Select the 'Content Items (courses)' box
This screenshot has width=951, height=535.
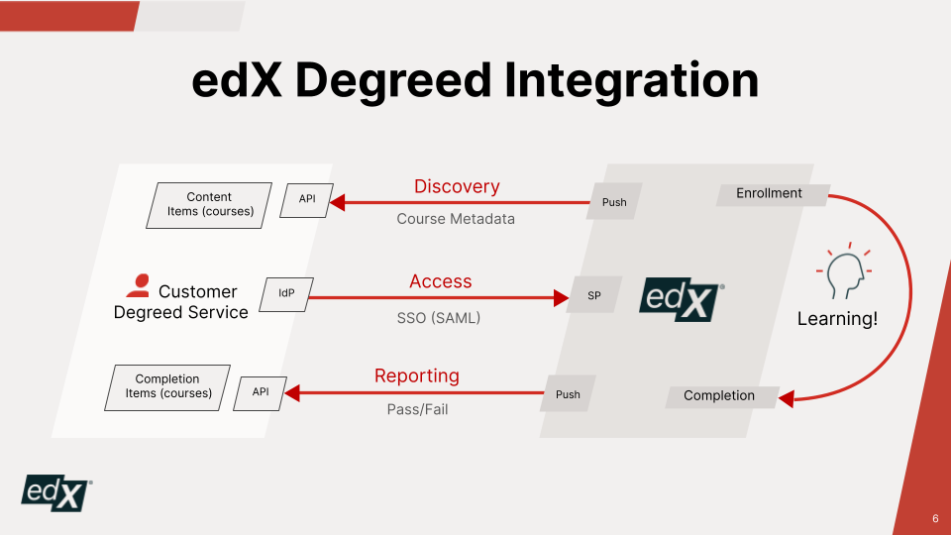pos(209,204)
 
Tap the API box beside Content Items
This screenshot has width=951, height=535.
pos(307,199)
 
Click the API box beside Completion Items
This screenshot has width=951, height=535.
pos(260,392)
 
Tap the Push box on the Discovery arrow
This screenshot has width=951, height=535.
pos(614,202)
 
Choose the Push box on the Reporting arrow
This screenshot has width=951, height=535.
pos(568,394)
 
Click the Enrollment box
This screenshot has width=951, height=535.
pos(770,194)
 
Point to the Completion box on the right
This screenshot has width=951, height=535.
pos(719,396)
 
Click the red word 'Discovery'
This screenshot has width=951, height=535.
pos(457,186)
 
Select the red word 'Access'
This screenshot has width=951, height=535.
pos(441,281)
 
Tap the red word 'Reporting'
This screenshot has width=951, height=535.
pos(417,375)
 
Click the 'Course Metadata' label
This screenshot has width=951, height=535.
pos(456,219)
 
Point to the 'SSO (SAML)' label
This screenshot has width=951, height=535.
pos(432,318)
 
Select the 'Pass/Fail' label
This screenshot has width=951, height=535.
pos(417,409)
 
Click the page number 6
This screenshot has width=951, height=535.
pos(935,519)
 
